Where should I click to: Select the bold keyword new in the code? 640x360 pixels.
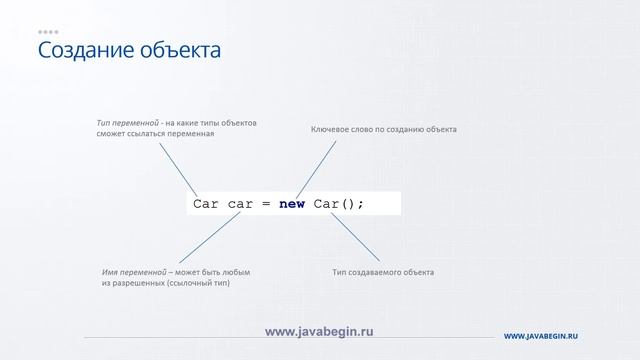click(292, 204)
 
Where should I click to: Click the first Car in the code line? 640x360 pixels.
click(206, 204)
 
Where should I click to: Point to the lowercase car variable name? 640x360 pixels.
click(241, 204)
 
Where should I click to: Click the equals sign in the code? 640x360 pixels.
click(266, 204)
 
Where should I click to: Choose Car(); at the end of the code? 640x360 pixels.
click(338, 204)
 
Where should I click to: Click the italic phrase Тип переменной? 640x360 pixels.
click(130, 123)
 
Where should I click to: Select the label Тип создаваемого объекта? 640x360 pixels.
click(383, 272)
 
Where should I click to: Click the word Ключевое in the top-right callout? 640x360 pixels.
click(331, 130)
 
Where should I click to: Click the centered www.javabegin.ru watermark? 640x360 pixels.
click(318, 330)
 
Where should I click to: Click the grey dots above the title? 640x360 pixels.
click(48, 31)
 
